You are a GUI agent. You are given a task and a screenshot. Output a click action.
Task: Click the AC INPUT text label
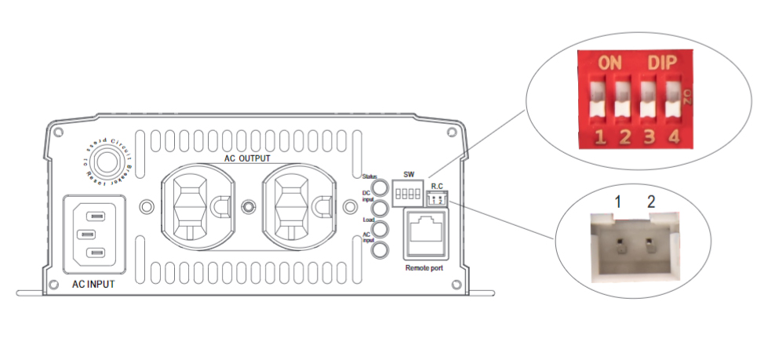coord(92,284)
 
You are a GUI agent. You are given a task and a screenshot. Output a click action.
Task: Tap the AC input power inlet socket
coord(93,233)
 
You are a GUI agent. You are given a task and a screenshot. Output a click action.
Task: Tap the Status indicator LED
coord(380,188)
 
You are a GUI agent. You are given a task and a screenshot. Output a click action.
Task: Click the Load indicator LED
coord(380,230)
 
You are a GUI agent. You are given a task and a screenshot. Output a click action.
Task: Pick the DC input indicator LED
coord(380,209)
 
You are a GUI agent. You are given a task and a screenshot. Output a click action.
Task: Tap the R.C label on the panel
coord(438,186)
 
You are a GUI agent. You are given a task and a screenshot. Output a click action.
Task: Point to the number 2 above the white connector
coord(650,203)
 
